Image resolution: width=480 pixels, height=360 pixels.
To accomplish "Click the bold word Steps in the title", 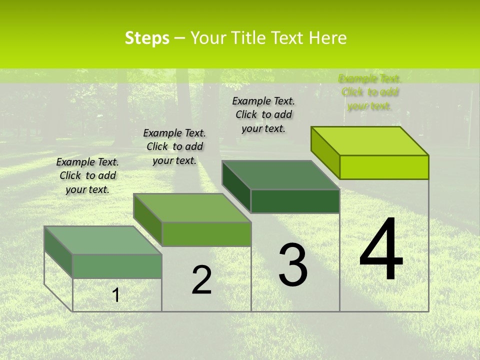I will [x=147, y=38].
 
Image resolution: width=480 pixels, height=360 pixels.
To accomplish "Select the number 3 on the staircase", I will [x=293, y=265].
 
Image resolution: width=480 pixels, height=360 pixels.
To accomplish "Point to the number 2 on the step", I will [x=202, y=280].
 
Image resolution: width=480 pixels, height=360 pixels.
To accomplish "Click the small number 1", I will [x=116, y=295].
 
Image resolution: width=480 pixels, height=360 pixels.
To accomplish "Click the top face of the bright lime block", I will [x=370, y=141].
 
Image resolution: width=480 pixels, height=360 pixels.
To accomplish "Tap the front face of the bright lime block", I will [x=384, y=167].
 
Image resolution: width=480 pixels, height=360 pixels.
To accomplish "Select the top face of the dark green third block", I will [x=281, y=175].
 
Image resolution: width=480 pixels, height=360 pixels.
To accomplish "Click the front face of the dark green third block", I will [x=295, y=201].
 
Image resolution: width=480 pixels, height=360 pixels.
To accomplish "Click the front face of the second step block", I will [x=206, y=234].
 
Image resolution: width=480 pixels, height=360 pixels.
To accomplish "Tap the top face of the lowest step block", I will [x=103, y=240].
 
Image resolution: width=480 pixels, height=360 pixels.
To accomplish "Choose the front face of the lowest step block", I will [x=117, y=266].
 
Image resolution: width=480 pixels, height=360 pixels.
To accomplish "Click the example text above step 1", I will [x=87, y=175].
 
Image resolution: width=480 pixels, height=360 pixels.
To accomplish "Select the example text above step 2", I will [x=174, y=146].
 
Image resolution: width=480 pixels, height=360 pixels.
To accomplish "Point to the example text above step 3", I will [x=263, y=114].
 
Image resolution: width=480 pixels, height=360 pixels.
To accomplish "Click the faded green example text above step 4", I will [x=370, y=92].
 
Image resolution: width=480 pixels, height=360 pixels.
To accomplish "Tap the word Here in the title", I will [x=328, y=38].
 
